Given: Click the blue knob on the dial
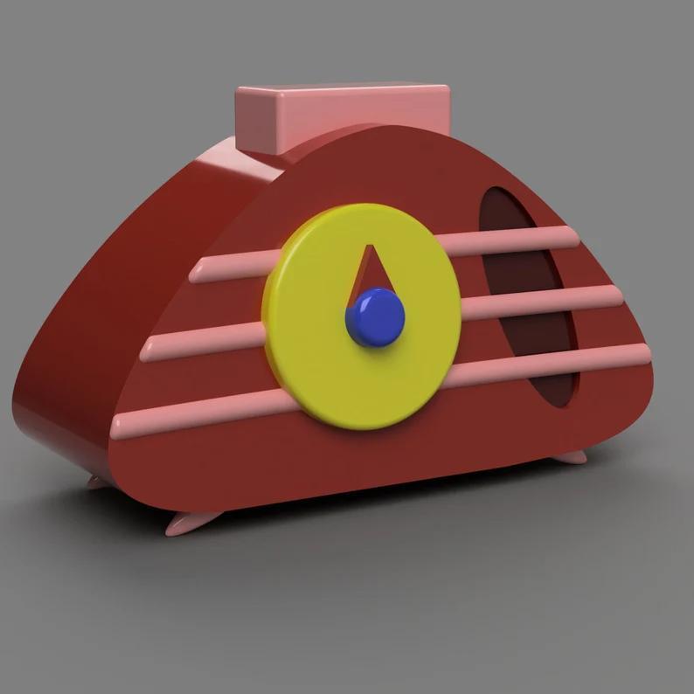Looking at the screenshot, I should (376, 316).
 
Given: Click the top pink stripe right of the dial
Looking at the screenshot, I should (507, 239).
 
